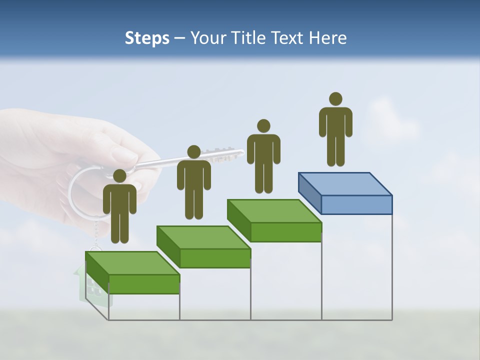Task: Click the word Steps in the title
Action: pyautogui.click(x=147, y=38)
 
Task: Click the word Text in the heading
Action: pyautogui.click(x=289, y=38)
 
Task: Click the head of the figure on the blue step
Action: pyautogui.click(x=335, y=99)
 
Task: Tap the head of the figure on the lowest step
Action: pyautogui.click(x=119, y=176)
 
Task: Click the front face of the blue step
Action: pyautogui.click(x=356, y=204)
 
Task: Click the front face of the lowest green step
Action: pyautogui.click(x=144, y=284)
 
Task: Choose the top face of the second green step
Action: pyautogui.click(x=203, y=237)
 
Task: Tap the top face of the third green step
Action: pyautogui.click(x=274, y=211)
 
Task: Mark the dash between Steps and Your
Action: pyautogui.click(x=180, y=38)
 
